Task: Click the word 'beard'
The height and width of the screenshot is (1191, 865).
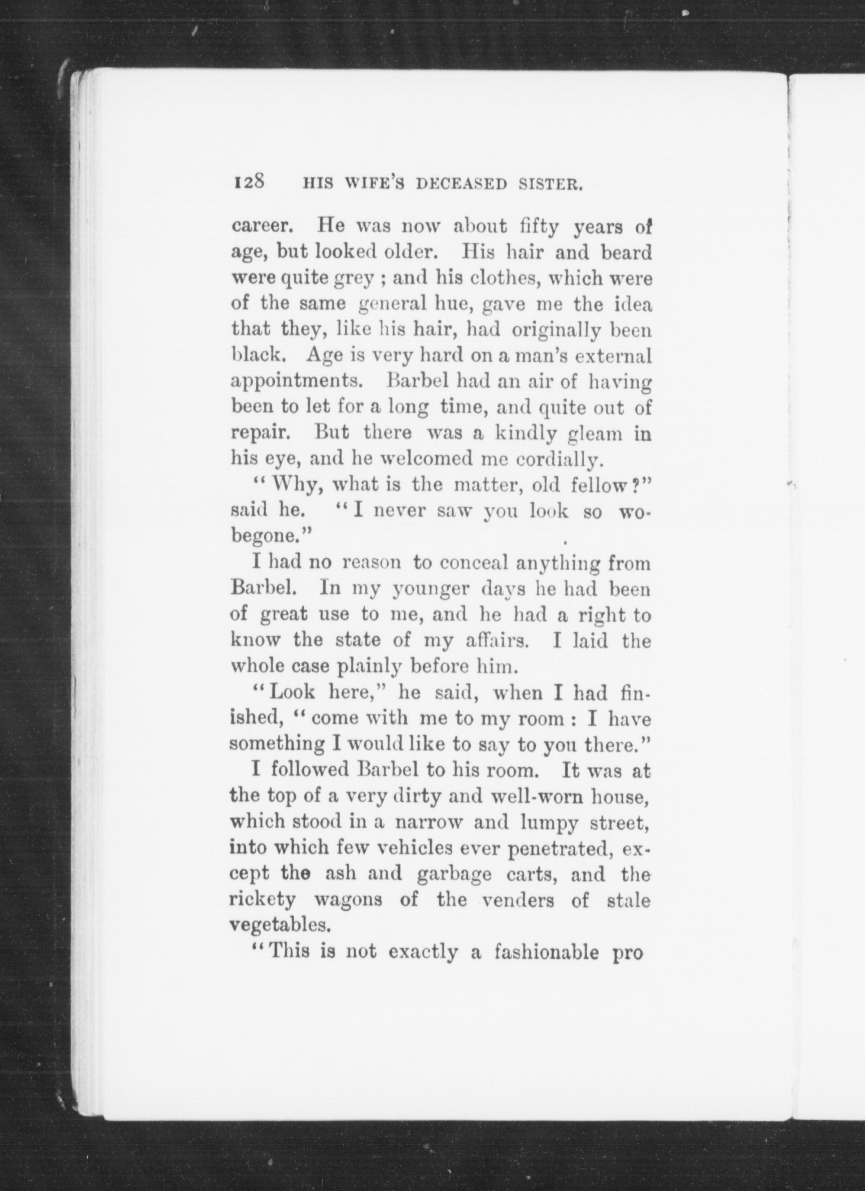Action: (626, 252)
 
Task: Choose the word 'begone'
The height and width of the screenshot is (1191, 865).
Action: (268, 537)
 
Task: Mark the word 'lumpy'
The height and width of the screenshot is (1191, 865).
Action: (549, 822)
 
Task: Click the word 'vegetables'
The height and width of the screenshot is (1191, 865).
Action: (280, 925)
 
